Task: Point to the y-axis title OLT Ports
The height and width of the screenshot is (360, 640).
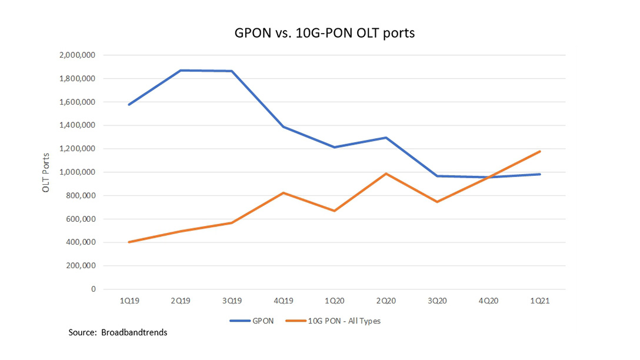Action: click(46, 172)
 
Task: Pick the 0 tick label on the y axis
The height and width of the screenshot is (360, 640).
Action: click(93, 289)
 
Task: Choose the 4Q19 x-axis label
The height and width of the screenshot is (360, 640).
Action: click(283, 300)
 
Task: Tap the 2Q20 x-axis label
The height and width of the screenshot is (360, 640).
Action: click(386, 300)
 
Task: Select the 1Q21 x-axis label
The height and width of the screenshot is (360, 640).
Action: click(540, 300)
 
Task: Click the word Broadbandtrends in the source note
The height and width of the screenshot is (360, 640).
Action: click(135, 333)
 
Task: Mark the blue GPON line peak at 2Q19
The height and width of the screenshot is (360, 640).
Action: click(180, 71)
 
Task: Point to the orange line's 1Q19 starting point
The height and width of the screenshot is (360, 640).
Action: click(128, 242)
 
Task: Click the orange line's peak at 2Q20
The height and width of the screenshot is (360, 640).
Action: click(386, 174)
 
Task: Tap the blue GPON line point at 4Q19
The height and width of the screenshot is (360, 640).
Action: click(283, 127)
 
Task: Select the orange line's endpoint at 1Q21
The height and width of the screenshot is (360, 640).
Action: click(540, 152)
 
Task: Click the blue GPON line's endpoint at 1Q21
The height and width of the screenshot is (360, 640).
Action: click(540, 174)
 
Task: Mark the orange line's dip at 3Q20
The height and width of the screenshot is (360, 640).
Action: click(437, 202)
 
